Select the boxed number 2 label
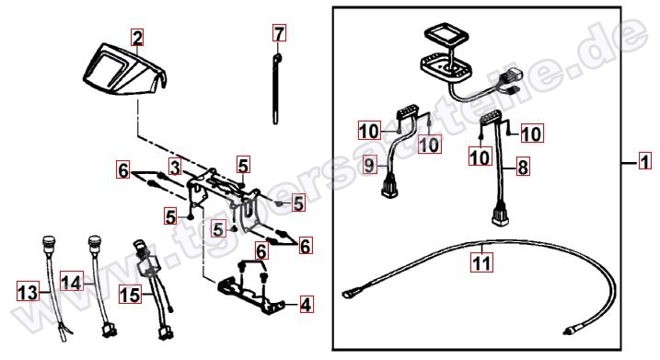point(137,38)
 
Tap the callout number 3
point(173,167)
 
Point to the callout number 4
point(305,303)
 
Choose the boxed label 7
point(280,35)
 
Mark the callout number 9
point(367,165)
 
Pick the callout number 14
point(70,278)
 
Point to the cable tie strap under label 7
point(277,92)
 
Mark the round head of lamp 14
point(92,245)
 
